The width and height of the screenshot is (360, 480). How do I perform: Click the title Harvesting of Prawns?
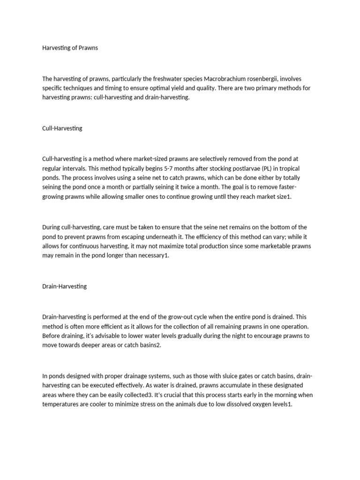point(70,48)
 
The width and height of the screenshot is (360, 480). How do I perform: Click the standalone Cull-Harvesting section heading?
point(62,128)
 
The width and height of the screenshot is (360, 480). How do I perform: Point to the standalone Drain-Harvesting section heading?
point(64,286)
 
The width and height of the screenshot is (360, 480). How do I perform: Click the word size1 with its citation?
point(281,197)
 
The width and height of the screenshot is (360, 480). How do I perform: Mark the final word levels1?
point(279,404)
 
